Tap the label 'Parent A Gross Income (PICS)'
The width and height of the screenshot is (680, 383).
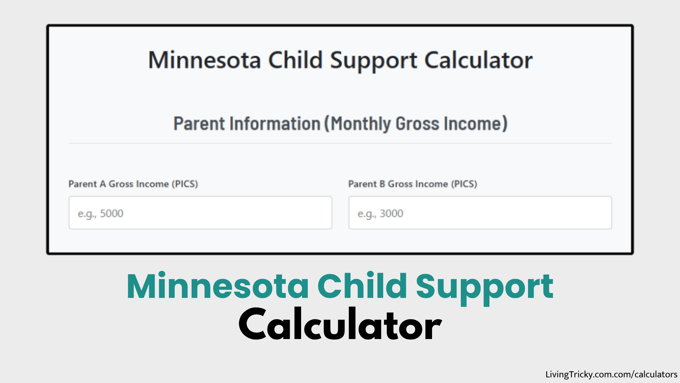[x=133, y=184]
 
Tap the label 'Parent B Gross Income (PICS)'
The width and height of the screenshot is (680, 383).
[x=413, y=184]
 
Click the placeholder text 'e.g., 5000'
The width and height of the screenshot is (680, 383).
[x=101, y=213]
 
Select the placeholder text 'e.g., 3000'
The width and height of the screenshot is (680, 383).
[x=380, y=213]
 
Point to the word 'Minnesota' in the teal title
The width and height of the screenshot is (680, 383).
[x=218, y=287]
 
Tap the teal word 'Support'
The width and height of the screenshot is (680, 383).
[x=484, y=287]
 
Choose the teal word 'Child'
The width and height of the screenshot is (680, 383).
[x=362, y=287]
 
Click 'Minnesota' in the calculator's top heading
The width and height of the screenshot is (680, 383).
[x=205, y=60]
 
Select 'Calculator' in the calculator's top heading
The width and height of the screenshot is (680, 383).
[x=478, y=60]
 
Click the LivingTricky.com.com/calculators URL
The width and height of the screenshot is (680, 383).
[x=611, y=374]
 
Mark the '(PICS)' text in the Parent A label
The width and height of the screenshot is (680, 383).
[x=185, y=184]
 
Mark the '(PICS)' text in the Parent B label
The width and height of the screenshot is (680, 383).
[x=464, y=184]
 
